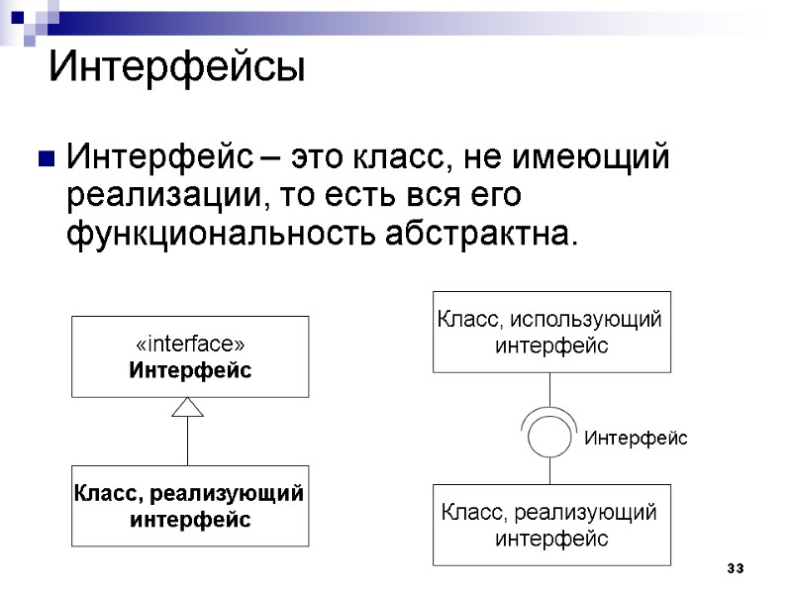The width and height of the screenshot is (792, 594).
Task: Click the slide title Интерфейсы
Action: [177, 68]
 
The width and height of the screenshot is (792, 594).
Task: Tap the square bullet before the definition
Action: [44, 158]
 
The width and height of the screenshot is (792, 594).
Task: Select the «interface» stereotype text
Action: [189, 344]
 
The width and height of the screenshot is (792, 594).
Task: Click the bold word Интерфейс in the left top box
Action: [189, 369]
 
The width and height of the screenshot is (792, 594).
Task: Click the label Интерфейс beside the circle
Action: [635, 438]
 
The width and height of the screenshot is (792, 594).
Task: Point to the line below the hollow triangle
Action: [188, 441]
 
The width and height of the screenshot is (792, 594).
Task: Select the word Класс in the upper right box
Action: [469, 319]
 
